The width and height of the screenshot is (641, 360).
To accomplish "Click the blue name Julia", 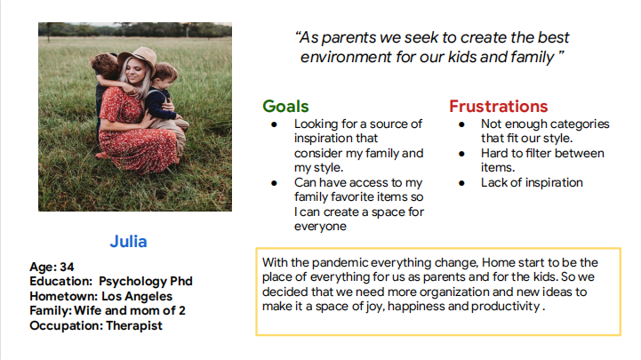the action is [128, 242].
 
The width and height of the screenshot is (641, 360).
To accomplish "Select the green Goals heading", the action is [285, 107].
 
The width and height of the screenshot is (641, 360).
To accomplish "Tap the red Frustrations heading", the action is [499, 107].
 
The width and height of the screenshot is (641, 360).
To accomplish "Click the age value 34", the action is [67, 267].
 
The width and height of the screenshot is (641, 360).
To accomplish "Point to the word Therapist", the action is [134, 325].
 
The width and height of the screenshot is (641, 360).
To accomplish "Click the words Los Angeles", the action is [137, 296].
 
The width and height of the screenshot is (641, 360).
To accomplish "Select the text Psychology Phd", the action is [146, 282].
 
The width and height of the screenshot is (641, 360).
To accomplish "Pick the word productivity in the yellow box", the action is [505, 307].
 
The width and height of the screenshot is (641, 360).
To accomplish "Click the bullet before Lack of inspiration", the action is [461, 183].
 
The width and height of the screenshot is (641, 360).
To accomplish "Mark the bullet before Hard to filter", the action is [461, 154].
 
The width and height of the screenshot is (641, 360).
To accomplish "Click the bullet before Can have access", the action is [275, 183].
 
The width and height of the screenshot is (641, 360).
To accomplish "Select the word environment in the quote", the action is [346, 57].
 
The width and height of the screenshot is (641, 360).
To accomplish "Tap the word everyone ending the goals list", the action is [320, 227].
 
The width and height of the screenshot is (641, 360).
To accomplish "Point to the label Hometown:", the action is [64, 296].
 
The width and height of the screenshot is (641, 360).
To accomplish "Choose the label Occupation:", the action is [66, 325].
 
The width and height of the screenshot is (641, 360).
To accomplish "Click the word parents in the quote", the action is [349, 38].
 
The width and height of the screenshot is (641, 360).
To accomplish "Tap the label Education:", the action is [61, 282].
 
